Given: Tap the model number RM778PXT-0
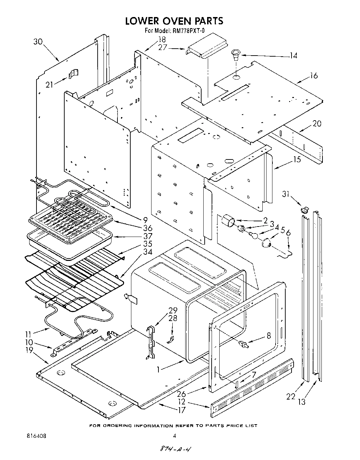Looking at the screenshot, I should pos(188,31).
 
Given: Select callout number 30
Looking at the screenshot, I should pos(38,42).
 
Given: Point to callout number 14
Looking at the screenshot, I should pos(293,55).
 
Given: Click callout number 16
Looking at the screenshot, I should pos(314,75).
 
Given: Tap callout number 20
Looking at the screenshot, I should pos(317,123).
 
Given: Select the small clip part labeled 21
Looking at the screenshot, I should pos(73,74).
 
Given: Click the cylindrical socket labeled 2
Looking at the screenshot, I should pos(228,220).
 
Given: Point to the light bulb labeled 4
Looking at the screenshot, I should pos(254,236).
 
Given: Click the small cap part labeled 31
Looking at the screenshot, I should pos(305,209).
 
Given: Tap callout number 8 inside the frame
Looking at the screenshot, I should pos(269,336).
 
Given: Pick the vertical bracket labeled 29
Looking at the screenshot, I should pos(151,342).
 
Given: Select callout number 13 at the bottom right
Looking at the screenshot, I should pos(302,402).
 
